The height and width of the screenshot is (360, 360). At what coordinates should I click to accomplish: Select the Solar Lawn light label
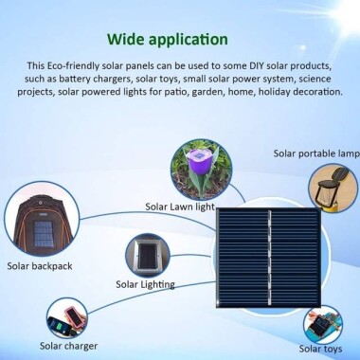178,205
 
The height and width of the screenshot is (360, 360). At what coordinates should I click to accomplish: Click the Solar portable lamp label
315,153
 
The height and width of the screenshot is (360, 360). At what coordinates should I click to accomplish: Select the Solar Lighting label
145,284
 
